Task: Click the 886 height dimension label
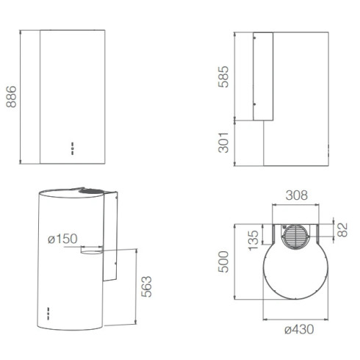point(10,97)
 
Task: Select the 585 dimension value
point(223,76)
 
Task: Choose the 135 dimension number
point(253,239)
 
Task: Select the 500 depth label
point(223,261)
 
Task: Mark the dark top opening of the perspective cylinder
point(92,190)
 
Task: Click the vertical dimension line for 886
point(21,97)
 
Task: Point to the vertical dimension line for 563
point(137,287)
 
